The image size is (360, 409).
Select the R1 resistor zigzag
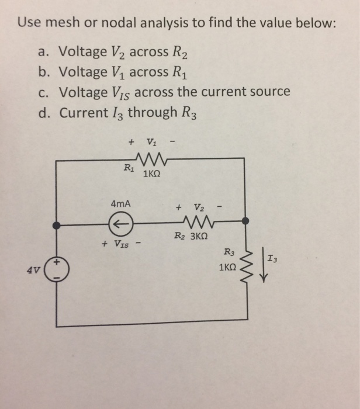pos(151,160)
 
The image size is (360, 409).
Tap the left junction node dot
pos(56,224)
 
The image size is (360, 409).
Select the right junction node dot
pos(246,221)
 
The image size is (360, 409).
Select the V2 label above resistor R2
pos(199,206)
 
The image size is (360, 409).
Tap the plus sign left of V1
pos(131,141)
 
